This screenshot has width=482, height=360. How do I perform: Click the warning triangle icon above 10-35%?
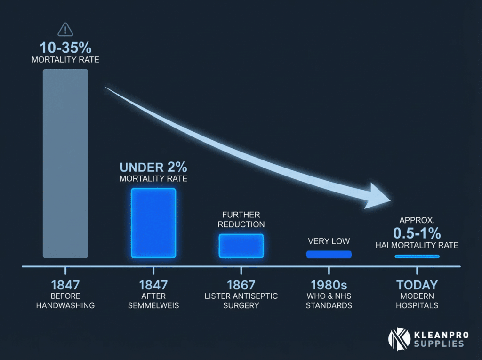pyautogui.click(x=65, y=30)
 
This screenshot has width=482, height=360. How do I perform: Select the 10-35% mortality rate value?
pyautogui.click(x=65, y=48)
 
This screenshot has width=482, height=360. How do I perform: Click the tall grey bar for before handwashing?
pyautogui.click(x=65, y=163)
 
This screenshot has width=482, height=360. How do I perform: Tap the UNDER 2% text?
pyautogui.click(x=153, y=167)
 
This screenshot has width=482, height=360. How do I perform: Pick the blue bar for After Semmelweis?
pyautogui.click(x=153, y=223)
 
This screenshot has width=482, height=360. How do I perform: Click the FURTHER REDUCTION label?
pyautogui.click(x=241, y=219)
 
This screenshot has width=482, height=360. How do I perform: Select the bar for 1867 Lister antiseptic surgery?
pyautogui.click(x=241, y=245)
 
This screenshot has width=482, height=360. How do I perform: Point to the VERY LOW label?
pyautogui.click(x=329, y=241)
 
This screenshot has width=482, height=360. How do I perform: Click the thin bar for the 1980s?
pyautogui.click(x=329, y=255)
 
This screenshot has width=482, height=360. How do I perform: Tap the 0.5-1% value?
pyautogui.click(x=417, y=233)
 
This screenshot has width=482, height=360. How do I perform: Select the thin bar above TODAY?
pyautogui.click(x=417, y=256)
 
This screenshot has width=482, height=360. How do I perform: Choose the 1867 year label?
pyautogui.click(x=241, y=285)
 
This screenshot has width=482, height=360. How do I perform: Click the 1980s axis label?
pyautogui.click(x=329, y=285)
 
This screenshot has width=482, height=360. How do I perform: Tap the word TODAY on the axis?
pyautogui.click(x=417, y=285)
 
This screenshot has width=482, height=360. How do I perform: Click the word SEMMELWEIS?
pyautogui.click(x=153, y=305)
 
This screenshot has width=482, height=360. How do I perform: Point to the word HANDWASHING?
pyautogui.click(x=65, y=305)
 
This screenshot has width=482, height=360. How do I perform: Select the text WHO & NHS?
pyautogui.click(x=329, y=296)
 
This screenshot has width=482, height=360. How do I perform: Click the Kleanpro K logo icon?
pyautogui.click(x=396, y=338)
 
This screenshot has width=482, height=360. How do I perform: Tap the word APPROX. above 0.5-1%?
pyautogui.click(x=417, y=220)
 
